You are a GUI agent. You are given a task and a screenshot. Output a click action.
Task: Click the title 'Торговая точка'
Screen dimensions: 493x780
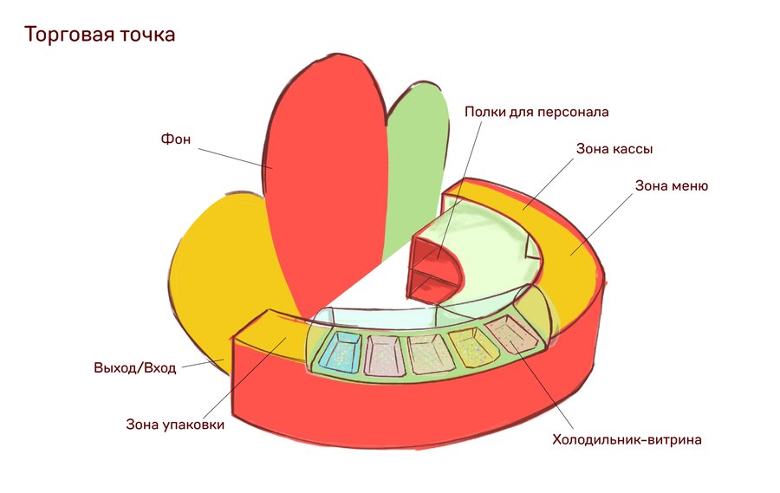100,36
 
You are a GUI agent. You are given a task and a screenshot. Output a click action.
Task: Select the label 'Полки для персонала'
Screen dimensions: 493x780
536,112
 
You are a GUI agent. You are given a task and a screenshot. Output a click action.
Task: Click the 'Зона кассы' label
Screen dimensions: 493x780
614,149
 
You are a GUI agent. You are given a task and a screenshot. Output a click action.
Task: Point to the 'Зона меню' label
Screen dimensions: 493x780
672,185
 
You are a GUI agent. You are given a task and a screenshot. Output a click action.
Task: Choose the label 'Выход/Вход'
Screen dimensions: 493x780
134,367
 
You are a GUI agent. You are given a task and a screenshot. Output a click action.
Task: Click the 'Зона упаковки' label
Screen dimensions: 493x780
175,425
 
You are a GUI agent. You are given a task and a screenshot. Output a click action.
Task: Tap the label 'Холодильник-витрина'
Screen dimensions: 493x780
627,439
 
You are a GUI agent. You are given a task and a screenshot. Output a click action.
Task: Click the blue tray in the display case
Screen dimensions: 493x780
339,353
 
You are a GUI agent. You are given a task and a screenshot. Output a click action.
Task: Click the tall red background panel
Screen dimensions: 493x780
325,173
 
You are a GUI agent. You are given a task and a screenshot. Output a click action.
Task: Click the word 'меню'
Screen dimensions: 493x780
689,185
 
